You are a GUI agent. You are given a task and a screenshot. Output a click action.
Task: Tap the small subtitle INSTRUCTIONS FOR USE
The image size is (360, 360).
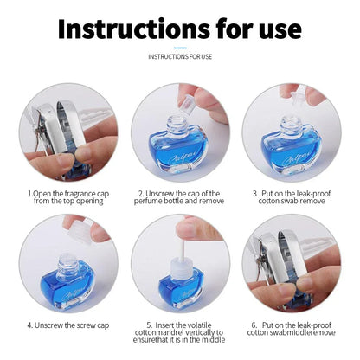pos(180,57)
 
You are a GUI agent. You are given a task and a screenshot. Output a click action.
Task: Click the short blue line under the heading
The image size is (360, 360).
pos(180,48)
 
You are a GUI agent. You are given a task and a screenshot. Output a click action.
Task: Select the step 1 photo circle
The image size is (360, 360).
pos(66,130)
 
